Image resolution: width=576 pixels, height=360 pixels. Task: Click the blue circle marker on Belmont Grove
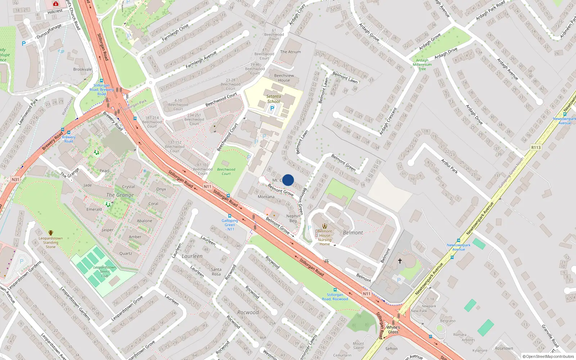coord(288,180)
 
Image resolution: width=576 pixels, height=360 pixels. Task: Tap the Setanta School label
coord(274,99)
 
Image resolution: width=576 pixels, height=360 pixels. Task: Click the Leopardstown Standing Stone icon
coord(51,233)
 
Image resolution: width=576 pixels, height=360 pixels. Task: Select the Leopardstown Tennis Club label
coord(104,271)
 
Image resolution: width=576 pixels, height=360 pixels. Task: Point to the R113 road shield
coord(536,148)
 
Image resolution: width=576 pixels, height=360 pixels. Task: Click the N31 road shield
coord(15,179)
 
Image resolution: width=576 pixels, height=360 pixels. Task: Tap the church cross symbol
coord(400,261)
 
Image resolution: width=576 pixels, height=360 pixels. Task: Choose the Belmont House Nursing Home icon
coord(324,226)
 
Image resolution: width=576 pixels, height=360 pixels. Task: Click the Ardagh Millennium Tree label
coord(422,65)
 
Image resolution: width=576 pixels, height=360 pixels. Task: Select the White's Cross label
coord(393,329)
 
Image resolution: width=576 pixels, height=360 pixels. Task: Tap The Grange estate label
coord(120,195)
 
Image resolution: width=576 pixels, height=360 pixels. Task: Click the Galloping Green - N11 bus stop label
coord(230,225)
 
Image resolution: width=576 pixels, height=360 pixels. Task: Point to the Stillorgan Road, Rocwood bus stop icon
coord(335,290)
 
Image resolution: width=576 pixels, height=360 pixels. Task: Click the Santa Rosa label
coord(216,271)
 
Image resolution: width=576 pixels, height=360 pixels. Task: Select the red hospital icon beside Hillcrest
coord(56,4)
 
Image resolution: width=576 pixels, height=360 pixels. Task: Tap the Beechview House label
coord(284,78)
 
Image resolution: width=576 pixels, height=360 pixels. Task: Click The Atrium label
coord(290,52)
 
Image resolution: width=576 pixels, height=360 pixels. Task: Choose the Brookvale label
coord(82,69)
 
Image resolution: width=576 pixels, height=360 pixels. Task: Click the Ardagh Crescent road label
coord(388,121)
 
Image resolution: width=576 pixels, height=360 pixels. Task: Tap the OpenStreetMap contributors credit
coord(548,356)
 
